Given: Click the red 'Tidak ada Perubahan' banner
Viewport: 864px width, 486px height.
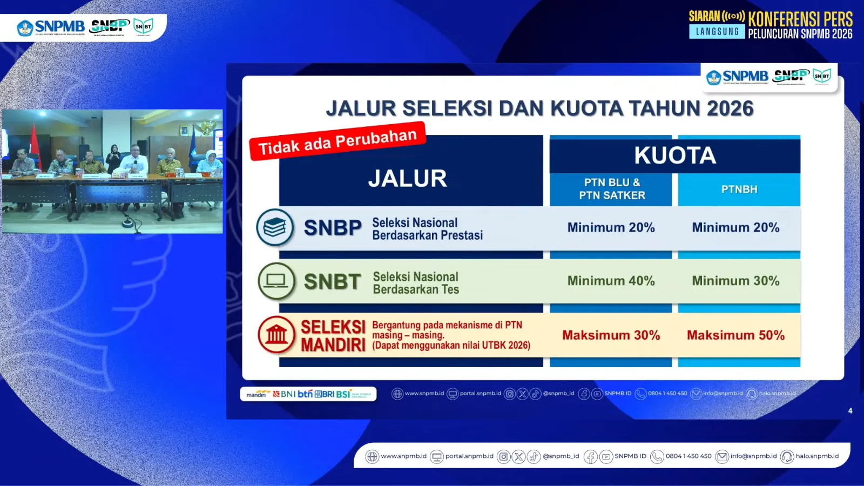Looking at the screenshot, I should pos(337,141).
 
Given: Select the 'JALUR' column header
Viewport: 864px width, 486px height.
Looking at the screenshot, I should pos(408,178).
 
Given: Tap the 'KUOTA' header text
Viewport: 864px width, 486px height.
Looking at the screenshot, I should pos(675,156).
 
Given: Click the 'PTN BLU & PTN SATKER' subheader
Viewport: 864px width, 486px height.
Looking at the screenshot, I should pos(612,189).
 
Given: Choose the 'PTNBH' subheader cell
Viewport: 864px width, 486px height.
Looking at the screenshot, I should pos(739,190).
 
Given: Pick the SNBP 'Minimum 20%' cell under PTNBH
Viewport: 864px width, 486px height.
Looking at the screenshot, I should pos(735,227).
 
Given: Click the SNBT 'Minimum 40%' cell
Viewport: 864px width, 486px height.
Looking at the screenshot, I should pos(611,281).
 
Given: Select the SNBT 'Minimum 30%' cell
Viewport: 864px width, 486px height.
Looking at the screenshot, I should pos(735,281).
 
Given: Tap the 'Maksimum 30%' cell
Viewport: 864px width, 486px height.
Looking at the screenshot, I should pos(611,335).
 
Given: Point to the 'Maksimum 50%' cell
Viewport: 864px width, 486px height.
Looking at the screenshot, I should pos(735,335).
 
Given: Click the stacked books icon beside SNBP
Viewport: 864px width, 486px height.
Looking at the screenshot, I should pos(275,227).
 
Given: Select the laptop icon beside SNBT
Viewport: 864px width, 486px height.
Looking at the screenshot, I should pos(276,281).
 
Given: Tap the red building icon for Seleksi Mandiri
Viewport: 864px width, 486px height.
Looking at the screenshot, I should pos(276,335).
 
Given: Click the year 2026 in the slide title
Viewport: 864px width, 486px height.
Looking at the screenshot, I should pos(730,109).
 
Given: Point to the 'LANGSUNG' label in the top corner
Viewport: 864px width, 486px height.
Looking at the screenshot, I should pos(717,32).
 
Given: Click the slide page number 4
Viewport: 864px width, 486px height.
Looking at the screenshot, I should pos(850,411).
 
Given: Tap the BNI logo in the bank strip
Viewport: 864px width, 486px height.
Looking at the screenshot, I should pos(285,394).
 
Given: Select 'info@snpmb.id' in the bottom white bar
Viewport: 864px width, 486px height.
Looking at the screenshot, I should pos(753,456).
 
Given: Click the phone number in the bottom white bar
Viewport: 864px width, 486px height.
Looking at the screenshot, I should pos(688,456).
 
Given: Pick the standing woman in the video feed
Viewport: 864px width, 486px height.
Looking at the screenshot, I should pos(114,158).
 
